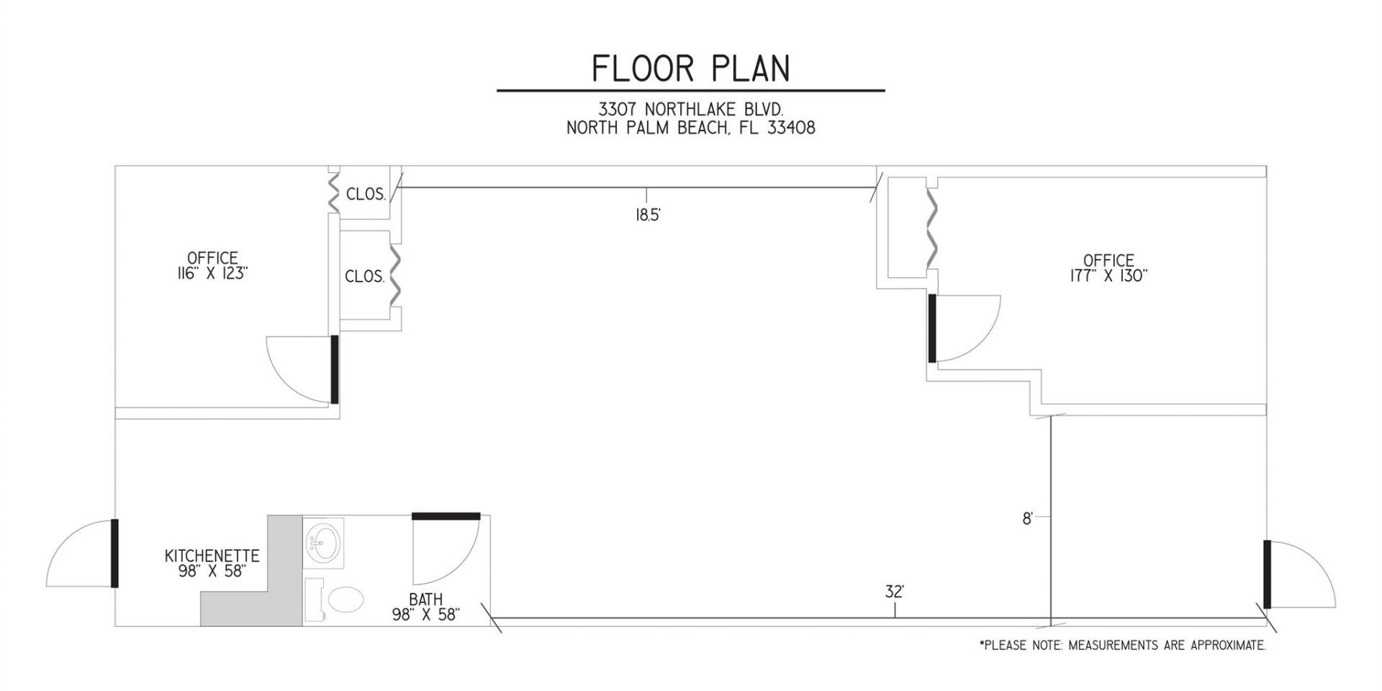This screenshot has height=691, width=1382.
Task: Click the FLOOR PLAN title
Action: pyautogui.click(x=690, y=68)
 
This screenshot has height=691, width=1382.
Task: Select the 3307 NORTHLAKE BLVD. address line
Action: pyautogui.click(x=690, y=109)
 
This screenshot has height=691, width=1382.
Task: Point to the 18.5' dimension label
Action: pyautogui.click(x=648, y=215)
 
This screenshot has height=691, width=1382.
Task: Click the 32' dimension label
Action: pyautogui.click(x=894, y=592)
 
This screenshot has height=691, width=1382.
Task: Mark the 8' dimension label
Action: pyautogui.click(x=1028, y=518)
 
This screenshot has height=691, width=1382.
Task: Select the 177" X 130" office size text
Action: pyautogui.click(x=1108, y=276)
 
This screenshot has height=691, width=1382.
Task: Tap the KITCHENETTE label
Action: pyautogui.click(x=212, y=556)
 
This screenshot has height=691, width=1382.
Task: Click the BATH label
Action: pyautogui.click(x=425, y=599)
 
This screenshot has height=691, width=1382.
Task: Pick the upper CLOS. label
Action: pyautogui.click(x=366, y=194)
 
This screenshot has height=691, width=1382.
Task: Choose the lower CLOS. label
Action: pyautogui.click(x=364, y=276)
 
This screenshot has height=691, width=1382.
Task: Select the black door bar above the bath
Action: pyautogui.click(x=446, y=515)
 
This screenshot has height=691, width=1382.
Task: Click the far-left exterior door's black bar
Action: pyautogui.click(x=114, y=553)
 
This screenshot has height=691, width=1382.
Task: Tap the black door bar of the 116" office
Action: pyautogui.click(x=334, y=369)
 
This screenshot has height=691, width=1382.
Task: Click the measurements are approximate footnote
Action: pyautogui.click(x=1122, y=646)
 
